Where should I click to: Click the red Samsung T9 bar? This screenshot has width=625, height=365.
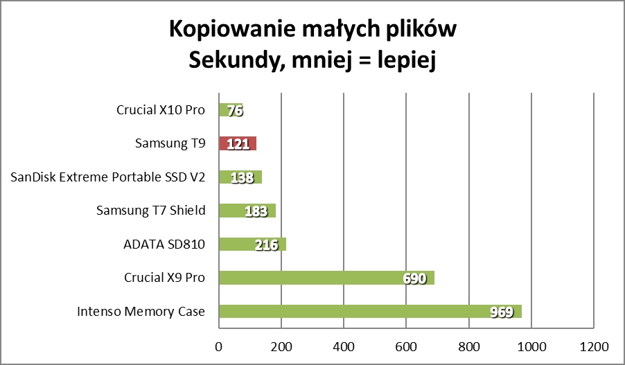pyautogui.click(x=237, y=144)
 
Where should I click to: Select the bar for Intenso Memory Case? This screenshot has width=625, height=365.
pyautogui.click(x=370, y=312)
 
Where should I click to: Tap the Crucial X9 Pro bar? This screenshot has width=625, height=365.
pyautogui.click(x=326, y=278)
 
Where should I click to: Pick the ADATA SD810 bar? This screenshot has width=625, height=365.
pyautogui.click(x=252, y=244)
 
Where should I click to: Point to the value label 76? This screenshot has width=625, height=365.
pyautogui.click(x=236, y=111)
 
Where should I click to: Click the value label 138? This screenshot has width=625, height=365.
pyautogui.click(x=242, y=178)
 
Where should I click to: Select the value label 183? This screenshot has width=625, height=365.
pyautogui.click(x=257, y=211)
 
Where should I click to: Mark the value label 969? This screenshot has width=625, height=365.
pyautogui.click(x=500, y=312)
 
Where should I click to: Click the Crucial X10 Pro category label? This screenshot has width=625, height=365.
pyautogui.click(x=161, y=110)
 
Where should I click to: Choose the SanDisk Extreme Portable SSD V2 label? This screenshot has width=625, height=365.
pyautogui.click(x=108, y=177)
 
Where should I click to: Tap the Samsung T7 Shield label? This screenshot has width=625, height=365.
pyautogui.click(x=151, y=211)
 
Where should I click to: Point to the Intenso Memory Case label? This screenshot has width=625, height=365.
pyautogui.click(x=141, y=312)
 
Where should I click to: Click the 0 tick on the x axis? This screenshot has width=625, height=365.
pyautogui.click(x=219, y=346)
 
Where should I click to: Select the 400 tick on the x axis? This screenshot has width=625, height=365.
pyautogui.click(x=344, y=346)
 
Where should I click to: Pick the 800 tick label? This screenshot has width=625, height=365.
pyautogui.click(x=469, y=346)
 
